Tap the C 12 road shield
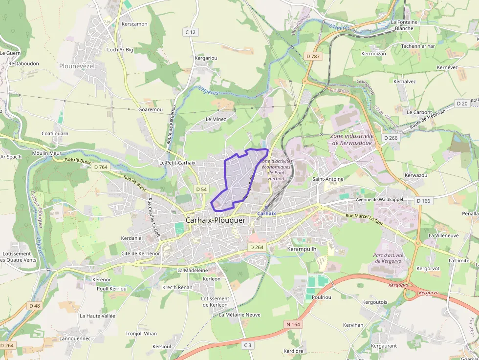(x=191, y=32)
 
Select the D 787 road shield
(x=313, y=56)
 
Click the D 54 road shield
(x=201, y=189)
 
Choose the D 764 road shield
(x=100, y=167)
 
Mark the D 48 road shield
(x=34, y=306)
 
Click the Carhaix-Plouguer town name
(x=215, y=220)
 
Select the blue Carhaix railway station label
(x=266, y=213)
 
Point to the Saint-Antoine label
(x=328, y=179)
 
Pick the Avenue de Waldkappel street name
(x=379, y=199)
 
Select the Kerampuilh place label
(x=302, y=249)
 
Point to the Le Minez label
(x=216, y=119)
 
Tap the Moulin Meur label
(x=47, y=153)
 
